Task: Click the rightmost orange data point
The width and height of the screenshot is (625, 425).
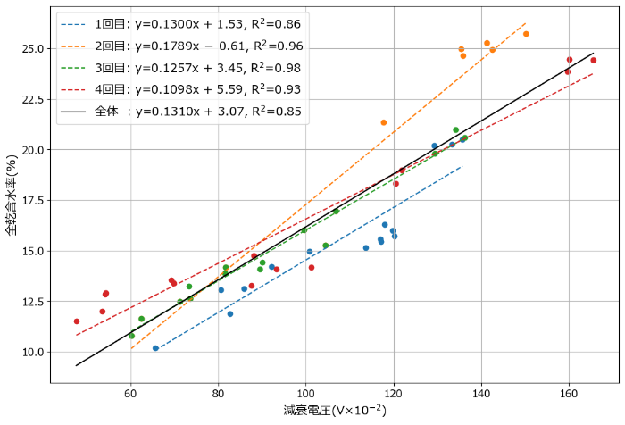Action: [526, 34]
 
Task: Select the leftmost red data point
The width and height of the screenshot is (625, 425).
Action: [77, 321]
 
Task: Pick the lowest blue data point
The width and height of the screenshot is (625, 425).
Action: [155, 348]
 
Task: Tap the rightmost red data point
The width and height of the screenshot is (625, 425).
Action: [594, 60]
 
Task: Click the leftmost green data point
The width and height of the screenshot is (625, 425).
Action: [132, 336]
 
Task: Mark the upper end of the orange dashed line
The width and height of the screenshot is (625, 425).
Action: [525, 24]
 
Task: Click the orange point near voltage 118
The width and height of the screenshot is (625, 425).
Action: [384, 122]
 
